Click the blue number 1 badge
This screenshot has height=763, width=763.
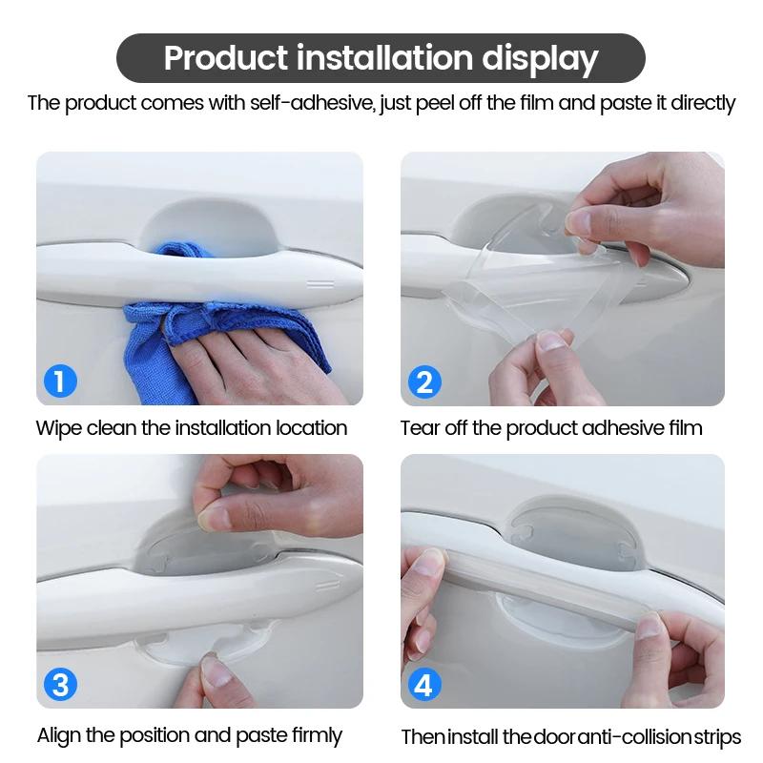coord(60,383)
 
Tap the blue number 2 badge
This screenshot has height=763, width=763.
coord(424,383)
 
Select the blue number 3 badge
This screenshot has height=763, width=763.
coord(60,685)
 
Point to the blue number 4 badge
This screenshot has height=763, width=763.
coord(424,685)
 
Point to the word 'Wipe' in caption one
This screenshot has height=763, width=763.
coord(58,427)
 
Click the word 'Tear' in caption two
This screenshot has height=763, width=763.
coord(421,427)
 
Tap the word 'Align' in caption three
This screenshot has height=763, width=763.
coord(60,735)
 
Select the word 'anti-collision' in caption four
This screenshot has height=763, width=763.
coord(623,736)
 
